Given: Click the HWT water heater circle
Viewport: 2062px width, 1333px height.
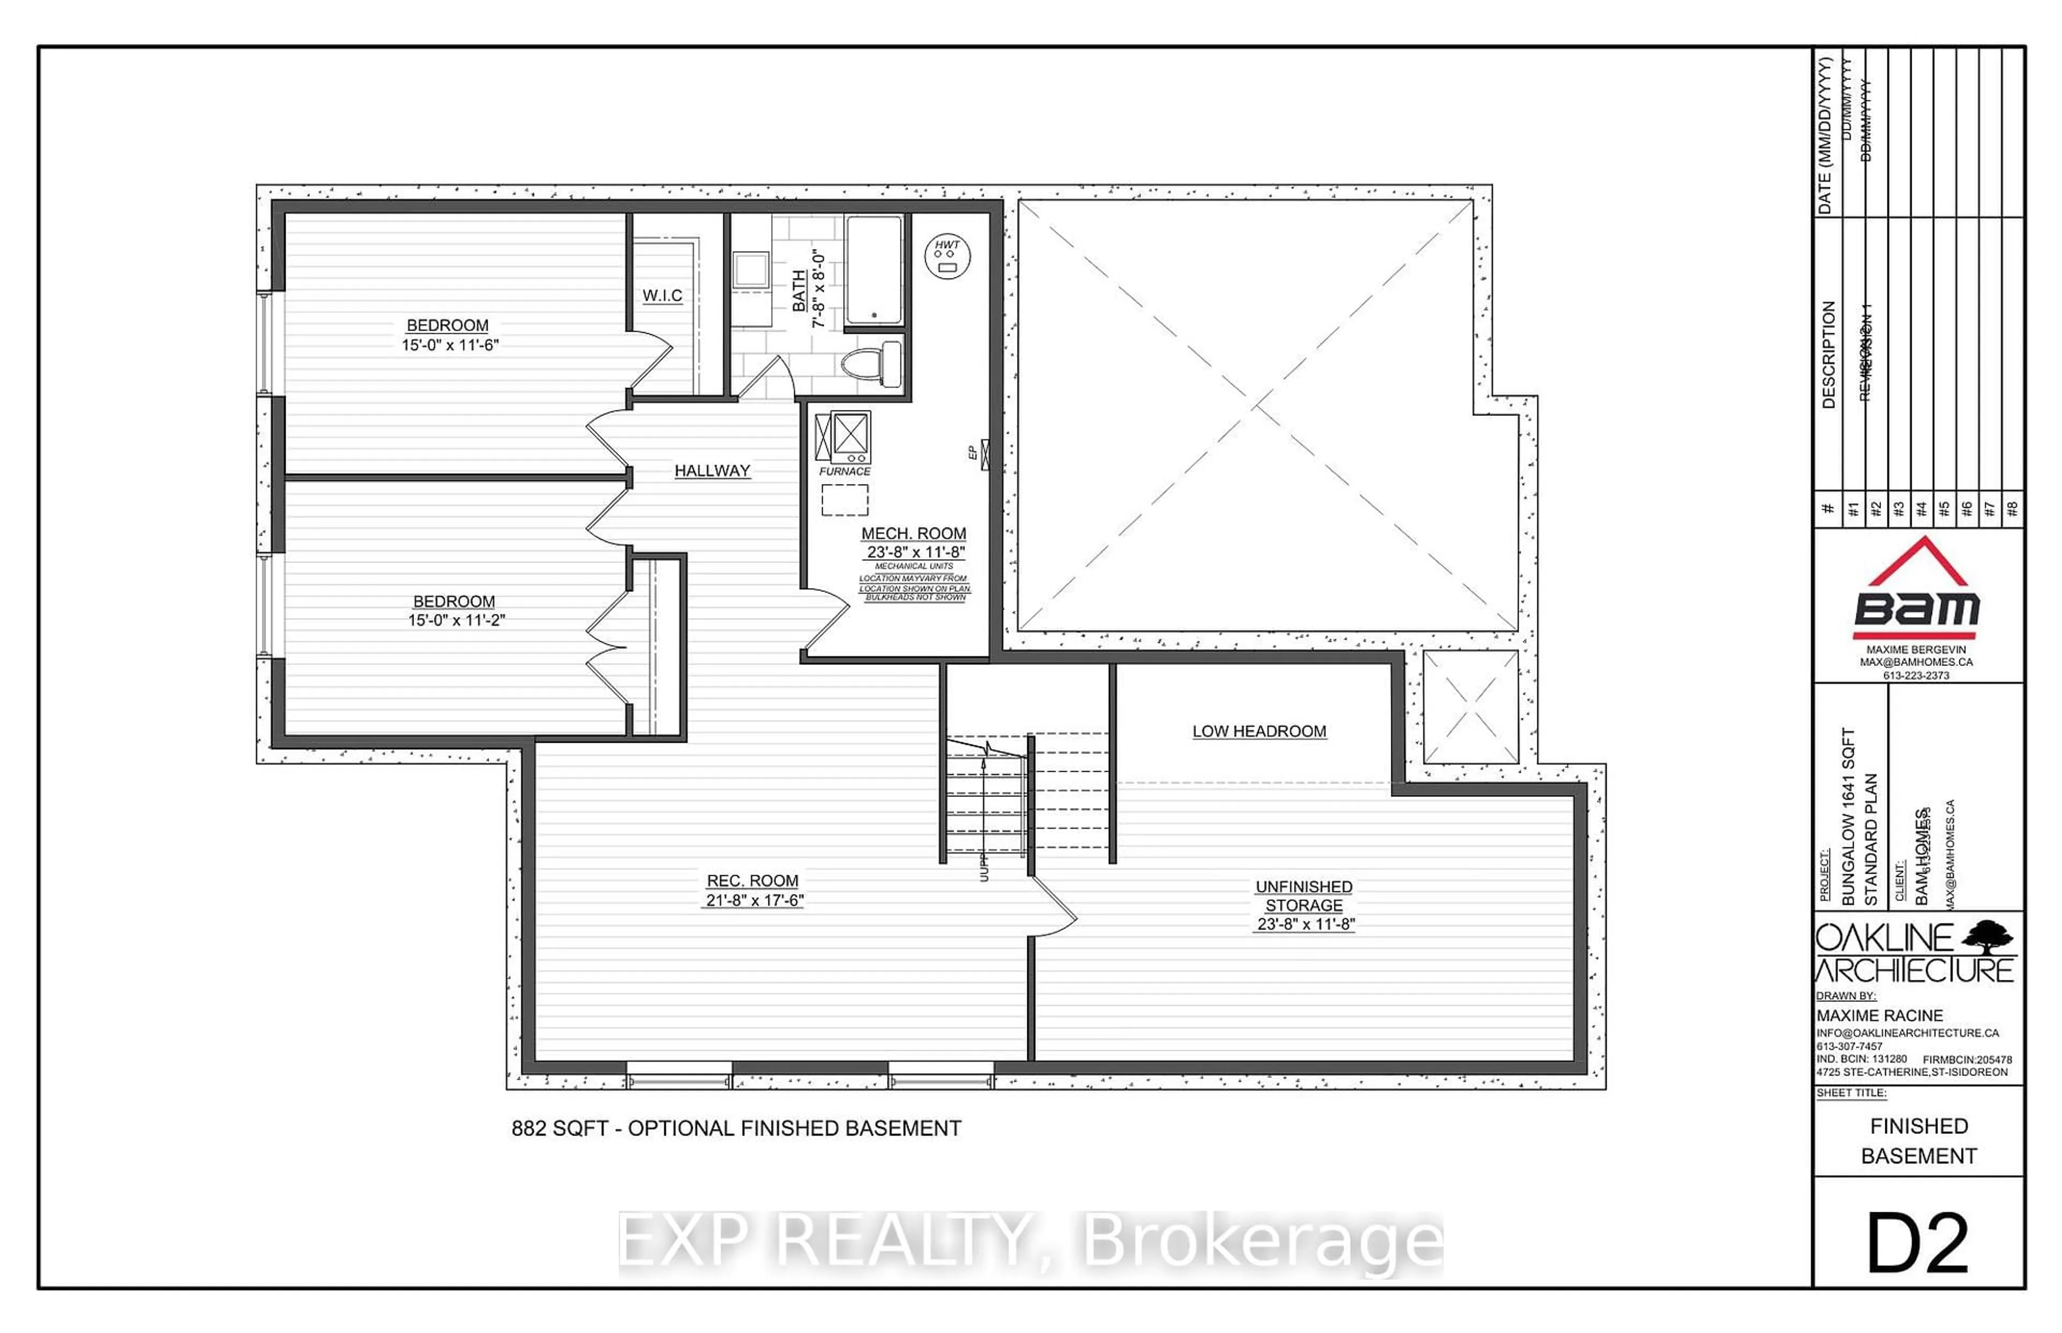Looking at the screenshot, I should pyautogui.click(x=947, y=256).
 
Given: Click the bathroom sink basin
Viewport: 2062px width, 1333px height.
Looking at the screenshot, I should pyautogui.click(x=751, y=269).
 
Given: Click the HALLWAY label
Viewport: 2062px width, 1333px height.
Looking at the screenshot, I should pyautogui.click(x=712, y=471).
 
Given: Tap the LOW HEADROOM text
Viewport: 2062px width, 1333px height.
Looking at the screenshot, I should pyautogui.click(x=1258, y=731).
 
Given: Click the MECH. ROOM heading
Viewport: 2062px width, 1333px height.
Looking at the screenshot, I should pyautogui.click(x=913, y=534).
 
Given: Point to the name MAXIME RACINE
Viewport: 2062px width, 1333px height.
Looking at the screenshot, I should pyautogui.click(x=1879, y=1015).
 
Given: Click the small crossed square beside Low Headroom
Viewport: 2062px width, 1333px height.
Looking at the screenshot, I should pyautogui.click(x=1470, y=706).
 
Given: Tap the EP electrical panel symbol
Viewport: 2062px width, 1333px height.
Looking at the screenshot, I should pyautogui.click(x=985, y=455).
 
